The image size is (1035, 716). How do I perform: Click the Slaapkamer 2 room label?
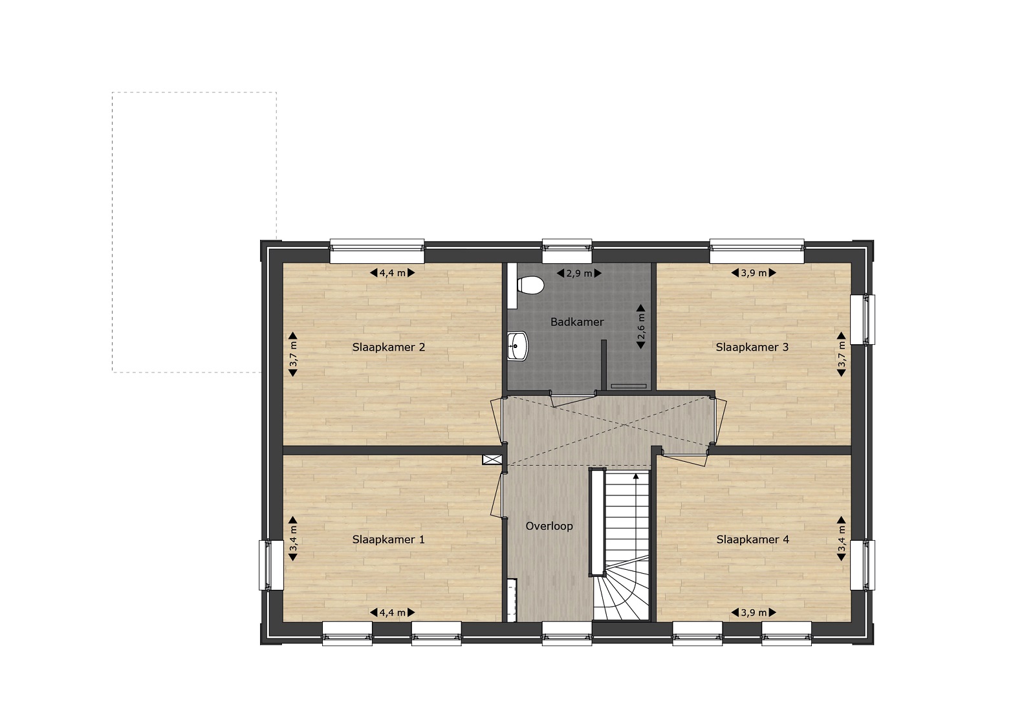click(x=389, y=347)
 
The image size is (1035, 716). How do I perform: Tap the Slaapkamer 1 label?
click(x=388, y=539)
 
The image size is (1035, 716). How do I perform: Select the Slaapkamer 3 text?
click(x=752, y=347)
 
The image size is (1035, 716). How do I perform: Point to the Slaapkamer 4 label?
click(x=753, y=539)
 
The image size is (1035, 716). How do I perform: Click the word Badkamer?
click(x=577, y=322)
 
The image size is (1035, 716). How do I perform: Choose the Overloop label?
click(x=549, y=526)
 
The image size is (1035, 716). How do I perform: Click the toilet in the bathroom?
click(x=530, y=285)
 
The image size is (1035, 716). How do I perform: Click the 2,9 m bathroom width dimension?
click(x=579, y=274)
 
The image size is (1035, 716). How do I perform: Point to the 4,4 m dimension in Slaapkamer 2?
click(x=392, y=273)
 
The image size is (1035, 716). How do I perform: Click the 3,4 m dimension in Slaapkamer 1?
click(x=293, y=539)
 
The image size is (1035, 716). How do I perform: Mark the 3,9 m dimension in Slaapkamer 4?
click(x=754, y=613)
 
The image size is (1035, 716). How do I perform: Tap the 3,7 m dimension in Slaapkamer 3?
click(x=842, y=354)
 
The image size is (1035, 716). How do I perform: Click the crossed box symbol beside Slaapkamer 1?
click(x=492, y=460)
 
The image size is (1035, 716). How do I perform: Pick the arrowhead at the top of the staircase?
click(x=637, y=476)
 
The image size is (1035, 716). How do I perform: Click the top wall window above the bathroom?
click(x=567, y=251)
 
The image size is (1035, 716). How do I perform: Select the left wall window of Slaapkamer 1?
click(x=271, y=565)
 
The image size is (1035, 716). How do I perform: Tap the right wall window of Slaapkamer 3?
click(x=863, y=320)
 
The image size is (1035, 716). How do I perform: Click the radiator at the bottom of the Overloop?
click(x=512, y=600)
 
